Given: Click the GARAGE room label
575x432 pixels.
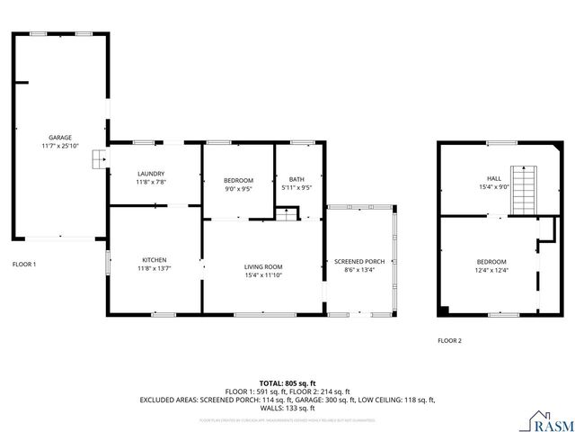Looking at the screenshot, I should [x=60, y=138].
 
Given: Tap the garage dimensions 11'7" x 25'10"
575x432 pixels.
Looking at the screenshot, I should [x=60, y=146].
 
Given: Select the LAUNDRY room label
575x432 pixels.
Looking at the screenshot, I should [x=151, y=174].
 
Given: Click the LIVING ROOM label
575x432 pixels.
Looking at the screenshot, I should [x=263, y=266].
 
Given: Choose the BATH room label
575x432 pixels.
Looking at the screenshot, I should [x=296, y=180].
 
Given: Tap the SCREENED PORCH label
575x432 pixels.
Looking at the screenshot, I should [x=359, y=261].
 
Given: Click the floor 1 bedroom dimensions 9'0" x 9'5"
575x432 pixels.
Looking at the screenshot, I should [x=238, y=189].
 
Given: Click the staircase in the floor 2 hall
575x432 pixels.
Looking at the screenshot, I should [x=523, y=189].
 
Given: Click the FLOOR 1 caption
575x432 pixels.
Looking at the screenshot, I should [x=24, y=265].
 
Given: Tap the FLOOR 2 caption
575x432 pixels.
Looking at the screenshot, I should [x=449, y=341].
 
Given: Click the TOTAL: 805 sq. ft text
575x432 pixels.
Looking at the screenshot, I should [x=287, y=383].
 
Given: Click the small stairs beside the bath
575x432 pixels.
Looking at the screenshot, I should [x=287, y=212].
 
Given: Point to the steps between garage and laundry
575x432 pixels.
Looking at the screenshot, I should [x=98, y=159].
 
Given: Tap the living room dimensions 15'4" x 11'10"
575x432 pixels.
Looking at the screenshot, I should [x=263, y=274].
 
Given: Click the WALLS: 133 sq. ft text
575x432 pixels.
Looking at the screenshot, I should [x=287, y=407].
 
